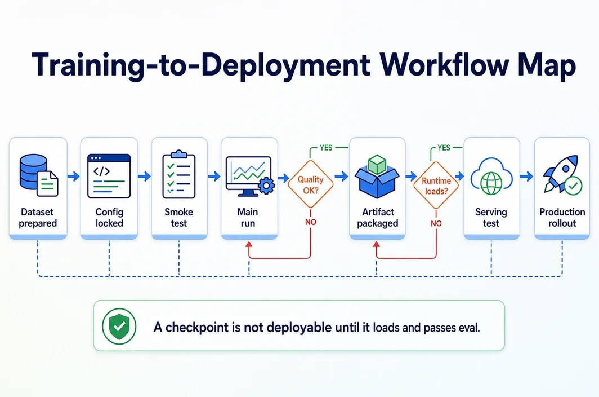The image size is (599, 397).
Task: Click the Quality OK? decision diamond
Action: [311, 184]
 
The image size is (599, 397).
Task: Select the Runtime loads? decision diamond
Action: [436, 186]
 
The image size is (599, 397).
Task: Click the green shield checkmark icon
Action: [119, 326]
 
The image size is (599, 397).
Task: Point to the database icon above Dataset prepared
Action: [39, 175]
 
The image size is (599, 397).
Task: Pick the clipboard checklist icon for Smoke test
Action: [179, 174]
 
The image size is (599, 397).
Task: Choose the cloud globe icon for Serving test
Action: [491, 176]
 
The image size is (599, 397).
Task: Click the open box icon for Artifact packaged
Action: [377, 177]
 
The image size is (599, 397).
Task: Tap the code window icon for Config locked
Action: [109, 176]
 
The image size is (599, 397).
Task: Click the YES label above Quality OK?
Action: [326, 148]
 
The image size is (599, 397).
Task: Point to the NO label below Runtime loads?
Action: [436, 223]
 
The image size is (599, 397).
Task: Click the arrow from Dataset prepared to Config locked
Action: [73, 177]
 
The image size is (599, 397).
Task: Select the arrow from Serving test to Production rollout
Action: [527, 177]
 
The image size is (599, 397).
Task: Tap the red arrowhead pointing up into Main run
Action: [249, 245]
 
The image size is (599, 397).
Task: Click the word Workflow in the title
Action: [445, 64]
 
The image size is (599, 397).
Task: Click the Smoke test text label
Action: [179, 218]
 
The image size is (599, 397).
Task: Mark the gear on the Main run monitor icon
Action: [266, 186]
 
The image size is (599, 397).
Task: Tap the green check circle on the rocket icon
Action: [573, 186]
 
